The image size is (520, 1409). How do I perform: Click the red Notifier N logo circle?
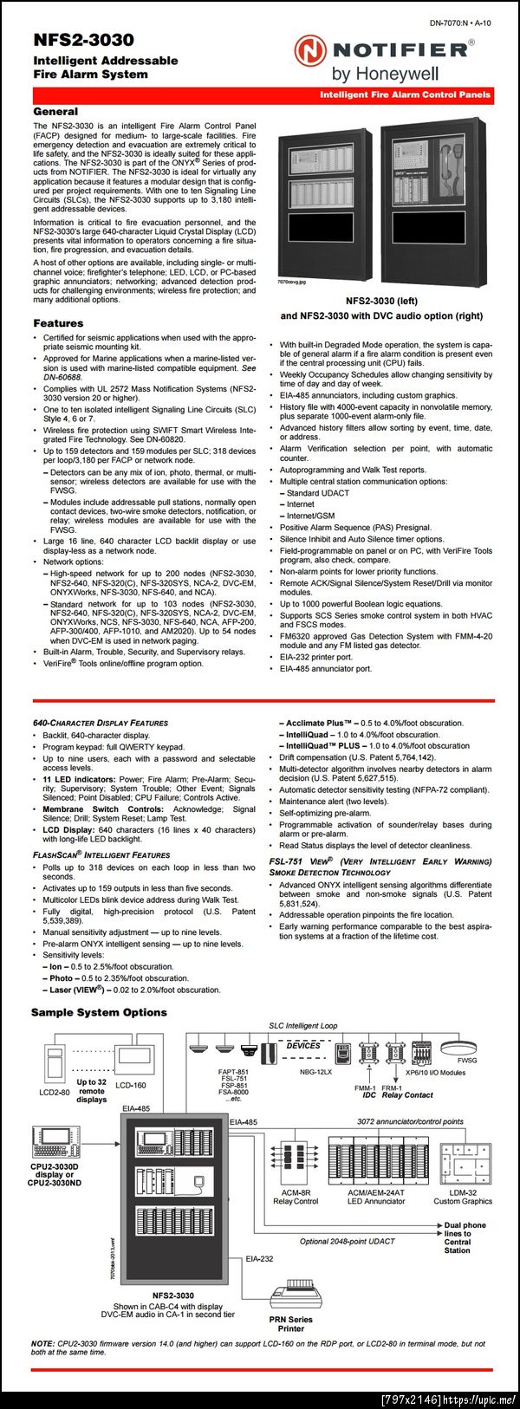[x=310, y=51]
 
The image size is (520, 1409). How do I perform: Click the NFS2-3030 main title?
[x=83, y=40]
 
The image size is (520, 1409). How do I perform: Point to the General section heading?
[x=55, y=112]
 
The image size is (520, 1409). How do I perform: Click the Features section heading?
[x=58, y=323]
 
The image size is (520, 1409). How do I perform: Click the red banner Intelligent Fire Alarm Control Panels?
[x=405, y=94]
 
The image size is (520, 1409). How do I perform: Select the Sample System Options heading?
[x=99, y=1012]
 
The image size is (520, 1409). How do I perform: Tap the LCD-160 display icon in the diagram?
[x=133, y=1061]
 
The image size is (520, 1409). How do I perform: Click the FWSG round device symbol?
[x=465, y=1044]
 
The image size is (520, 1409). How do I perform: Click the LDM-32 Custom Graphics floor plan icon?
[x=463, y=1163]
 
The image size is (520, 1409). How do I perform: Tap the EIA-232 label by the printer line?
[x=259, y=1258]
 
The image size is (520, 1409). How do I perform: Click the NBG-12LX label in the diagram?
[x=315, y=1072]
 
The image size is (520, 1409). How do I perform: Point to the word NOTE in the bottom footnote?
[x=42, y=1344]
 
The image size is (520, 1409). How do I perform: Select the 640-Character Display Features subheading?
[x=101, y=723]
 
